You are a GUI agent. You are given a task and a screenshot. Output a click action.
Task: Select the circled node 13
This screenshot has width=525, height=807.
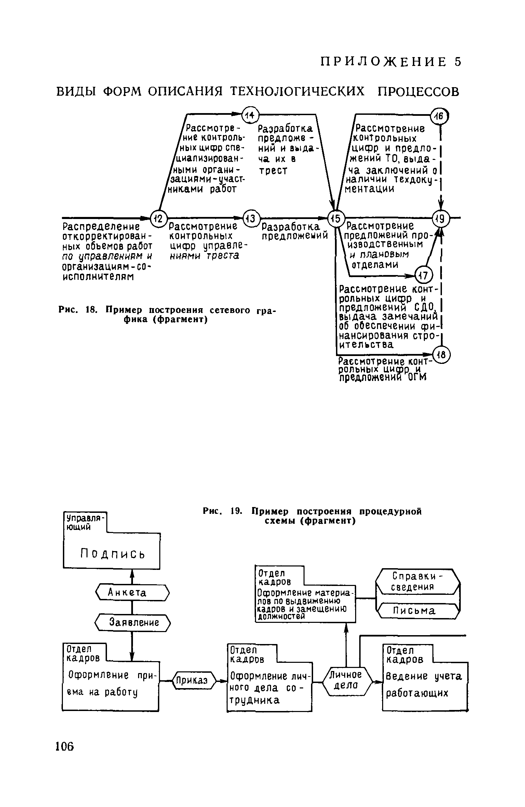pos(251,218)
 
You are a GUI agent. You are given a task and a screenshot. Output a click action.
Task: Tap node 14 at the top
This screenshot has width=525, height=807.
pos(250,115)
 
